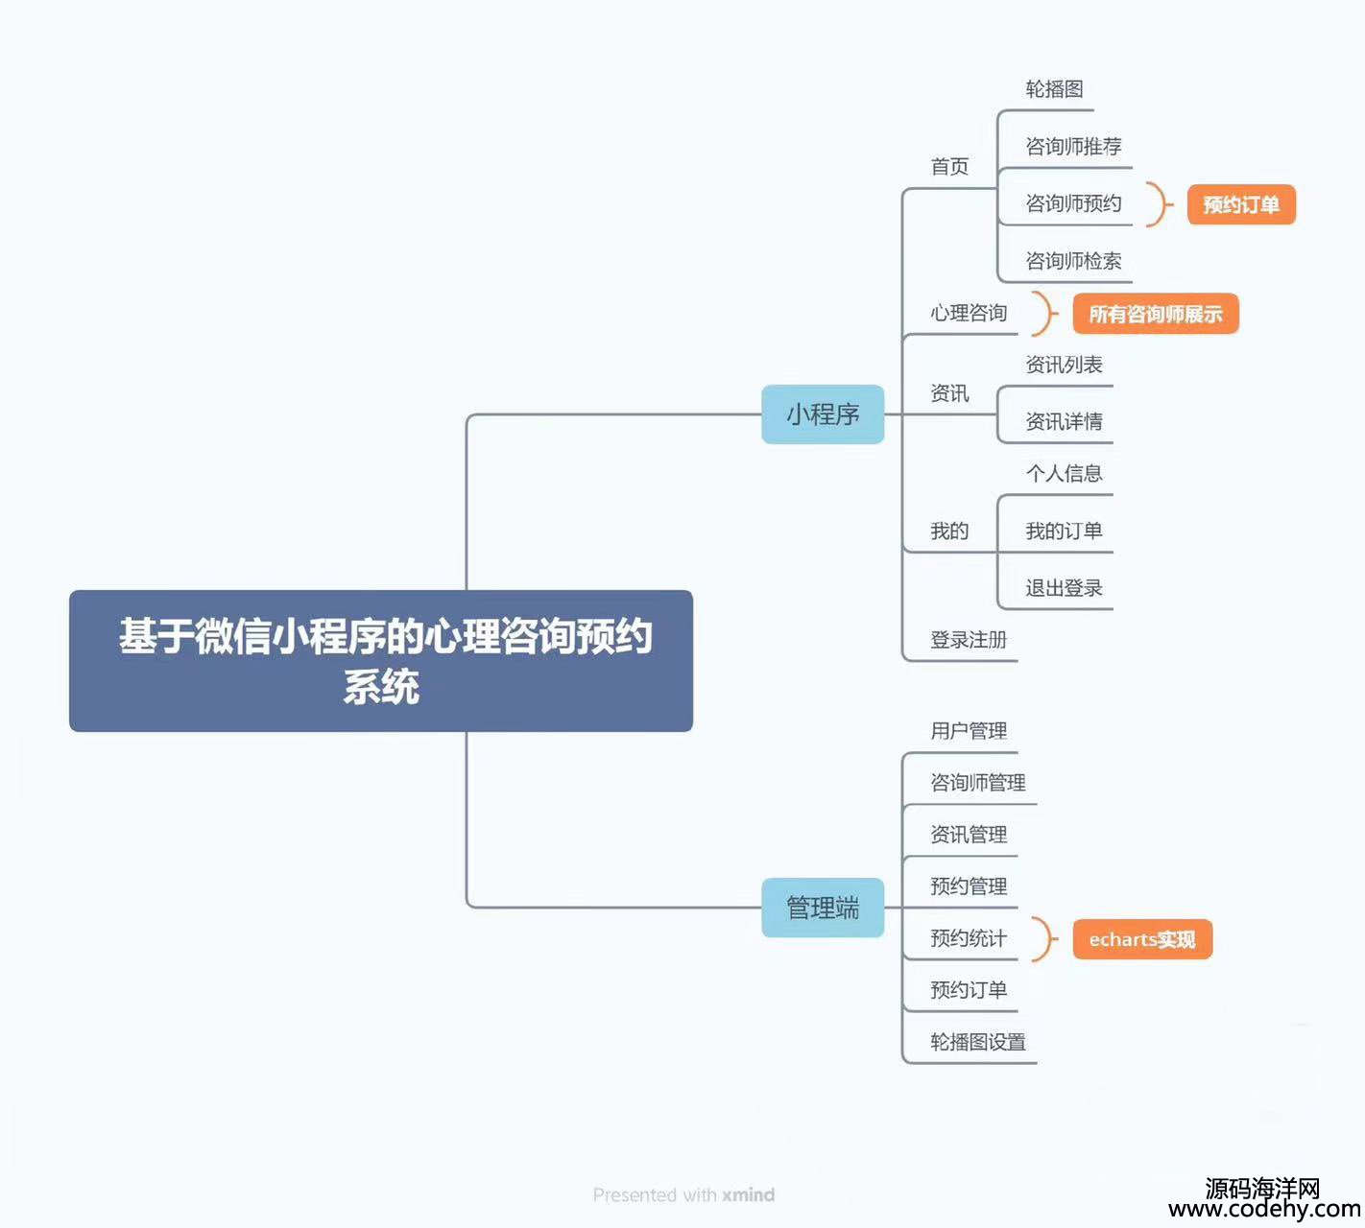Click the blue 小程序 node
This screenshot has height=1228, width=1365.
pos(823,414)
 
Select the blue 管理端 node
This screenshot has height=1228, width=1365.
pos(823,908)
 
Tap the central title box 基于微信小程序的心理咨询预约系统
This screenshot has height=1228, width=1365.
pos(381,661)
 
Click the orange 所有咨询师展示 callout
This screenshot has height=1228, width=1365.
pos(1155,314)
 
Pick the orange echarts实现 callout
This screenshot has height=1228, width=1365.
pos(1141,939)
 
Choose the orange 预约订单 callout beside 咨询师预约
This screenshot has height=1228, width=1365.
pos(1240,204)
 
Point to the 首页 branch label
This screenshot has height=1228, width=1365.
pos(949,167)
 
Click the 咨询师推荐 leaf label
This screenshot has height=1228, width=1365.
pos(1073,147)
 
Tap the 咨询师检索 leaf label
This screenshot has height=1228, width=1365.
pos(1073,261)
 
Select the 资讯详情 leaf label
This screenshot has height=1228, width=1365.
pos(1064,421)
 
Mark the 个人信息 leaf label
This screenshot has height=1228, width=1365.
pos(1064,473)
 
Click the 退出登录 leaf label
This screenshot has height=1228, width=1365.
pos(1064,588)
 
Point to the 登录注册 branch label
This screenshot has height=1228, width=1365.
pos(969,640)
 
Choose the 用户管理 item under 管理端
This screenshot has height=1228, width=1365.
pos(969,731)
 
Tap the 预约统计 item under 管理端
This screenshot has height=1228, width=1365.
pos(969,938)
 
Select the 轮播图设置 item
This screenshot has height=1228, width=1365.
pos(977,1042)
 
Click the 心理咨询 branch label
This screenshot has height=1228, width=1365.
pos(969,313)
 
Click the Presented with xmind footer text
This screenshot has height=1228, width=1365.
pos(683,1194)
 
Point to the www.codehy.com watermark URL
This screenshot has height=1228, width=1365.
pos(1263,1210)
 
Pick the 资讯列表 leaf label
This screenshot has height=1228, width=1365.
pos(1064,365)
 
